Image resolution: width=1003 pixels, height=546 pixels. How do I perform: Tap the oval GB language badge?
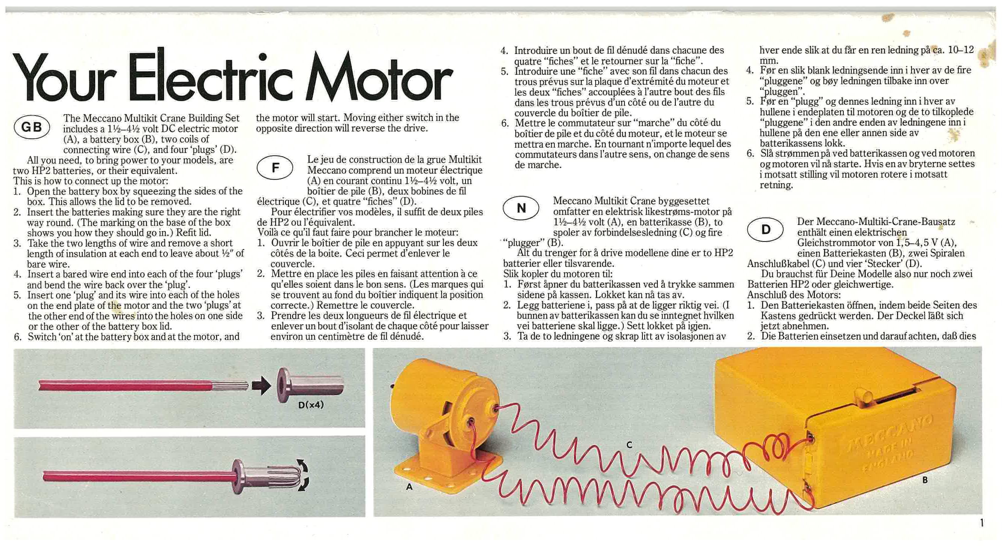coord(32,127)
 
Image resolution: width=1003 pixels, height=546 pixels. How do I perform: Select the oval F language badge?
coord(275,168)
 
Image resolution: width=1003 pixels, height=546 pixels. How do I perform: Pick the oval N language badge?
coord(521,208)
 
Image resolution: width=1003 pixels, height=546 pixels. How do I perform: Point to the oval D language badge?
coord(765,229)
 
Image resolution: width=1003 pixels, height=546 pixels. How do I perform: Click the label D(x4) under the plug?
coord(311,405)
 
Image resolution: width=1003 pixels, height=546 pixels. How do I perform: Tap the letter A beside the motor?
coord(409,486)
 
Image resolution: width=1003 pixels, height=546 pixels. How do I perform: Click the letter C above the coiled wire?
coord(630,445)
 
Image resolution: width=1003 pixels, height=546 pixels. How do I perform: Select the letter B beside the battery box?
coord(925,480)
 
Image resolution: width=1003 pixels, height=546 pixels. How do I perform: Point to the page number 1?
coord(982,523)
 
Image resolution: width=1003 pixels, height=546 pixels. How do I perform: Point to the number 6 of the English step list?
coord(18,337)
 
